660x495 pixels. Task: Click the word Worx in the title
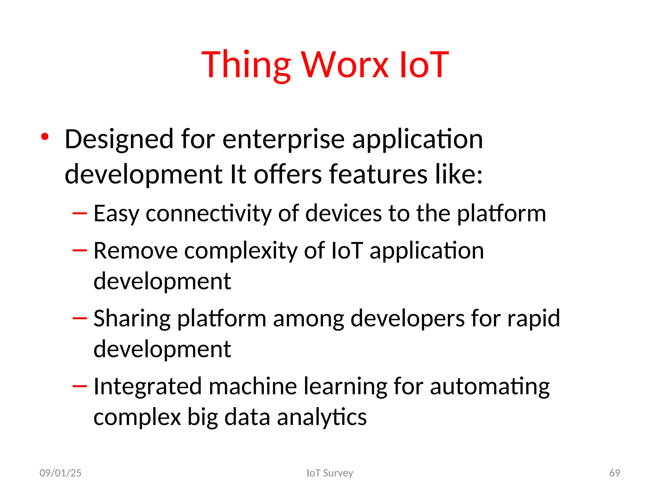[x=345, y=65]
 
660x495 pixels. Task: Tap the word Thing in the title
[x=246, y=65]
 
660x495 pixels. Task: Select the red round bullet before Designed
[x=45, y=137]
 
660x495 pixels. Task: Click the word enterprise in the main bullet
[x=283, y=139]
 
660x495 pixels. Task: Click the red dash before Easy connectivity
[x=80, y=213]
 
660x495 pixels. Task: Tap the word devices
[x=343, y=214]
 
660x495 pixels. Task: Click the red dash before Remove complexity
[x=80, y=250]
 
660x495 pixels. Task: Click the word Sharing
[x=132, y=319]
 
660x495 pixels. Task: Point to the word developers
[x=407, y=319]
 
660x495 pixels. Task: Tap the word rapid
[x=533, y=319]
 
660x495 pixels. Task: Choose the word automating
[x=490, y=387]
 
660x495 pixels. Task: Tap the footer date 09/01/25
[x=60, y=473]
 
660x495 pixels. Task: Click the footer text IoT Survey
[x=330, y=473]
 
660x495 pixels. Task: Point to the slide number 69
[x=615, y=473]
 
